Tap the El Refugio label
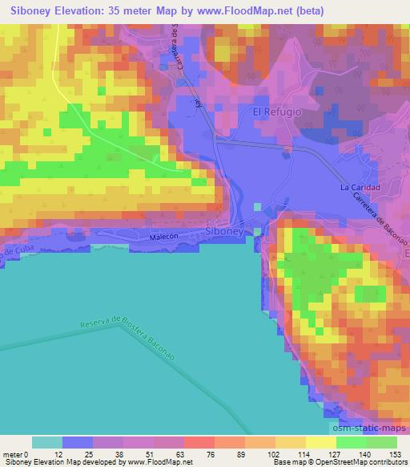coord(277,112)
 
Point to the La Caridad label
coord(360,188)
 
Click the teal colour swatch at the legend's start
coord(47,442)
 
